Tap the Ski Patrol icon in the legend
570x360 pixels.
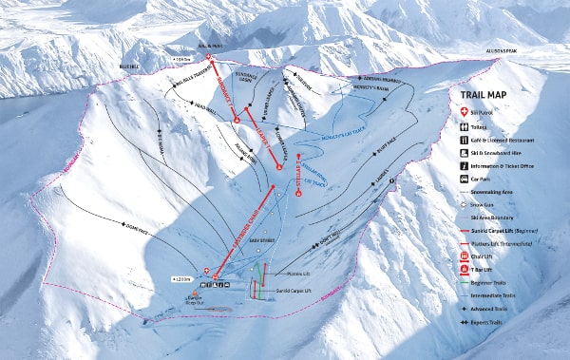click(x=466, y=112)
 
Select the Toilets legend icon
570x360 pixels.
click(x=466, y=125)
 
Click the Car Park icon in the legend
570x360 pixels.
click(x=466, y=177)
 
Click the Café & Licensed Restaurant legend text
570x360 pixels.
click(x=506, y=139)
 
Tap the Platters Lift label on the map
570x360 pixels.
click(x=298, y=275)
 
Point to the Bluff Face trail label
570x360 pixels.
click(x=388, y=147)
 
